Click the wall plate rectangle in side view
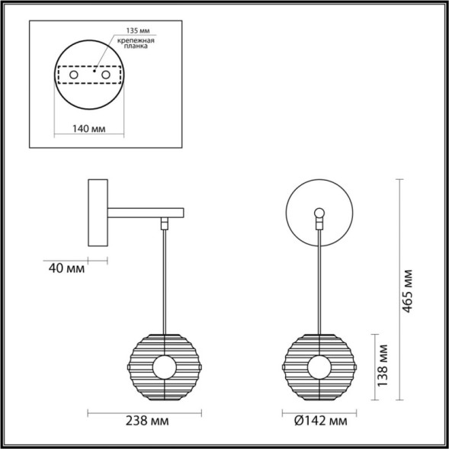[98, 213]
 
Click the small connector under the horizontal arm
[164, 224]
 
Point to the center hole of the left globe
[163, 368]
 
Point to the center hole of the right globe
[319, 368]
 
